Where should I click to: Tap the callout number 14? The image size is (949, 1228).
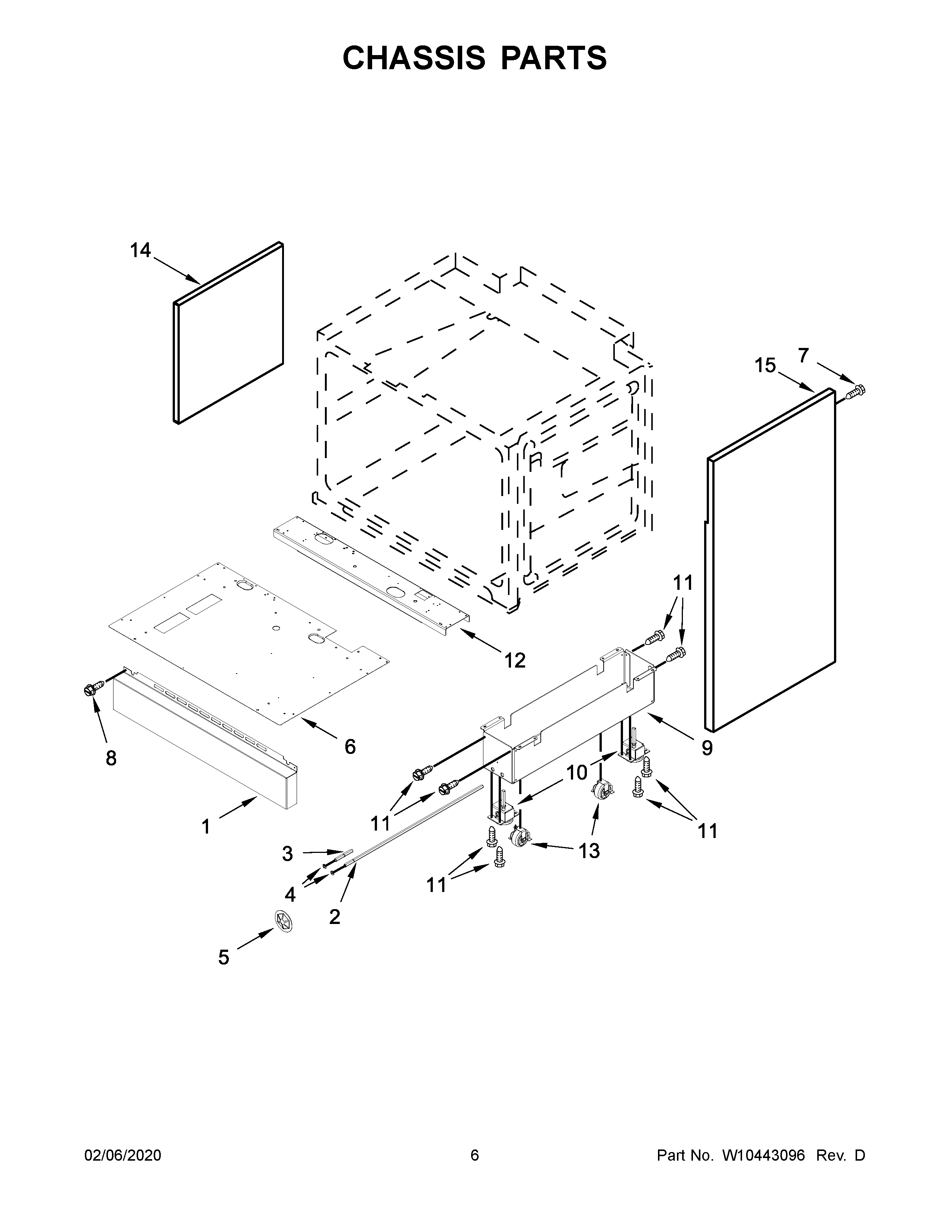coord(141,250)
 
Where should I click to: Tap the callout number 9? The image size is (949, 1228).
coord(707,747)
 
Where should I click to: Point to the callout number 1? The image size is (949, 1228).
coord(206,826)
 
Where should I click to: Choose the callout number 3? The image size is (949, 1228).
coord(287,854)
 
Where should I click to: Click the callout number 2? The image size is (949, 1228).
coord(335,917)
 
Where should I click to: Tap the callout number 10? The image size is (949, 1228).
coord(576,773)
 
